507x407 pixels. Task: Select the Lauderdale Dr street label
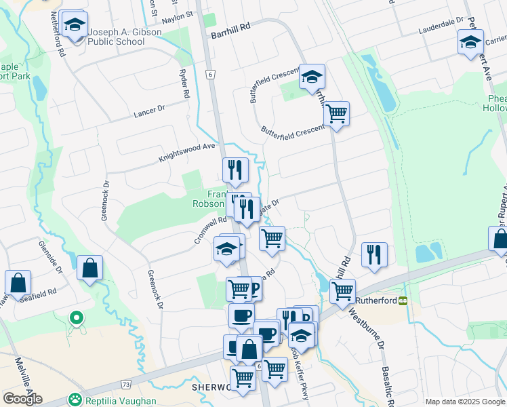[441, 26]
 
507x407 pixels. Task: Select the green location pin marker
[77, 317]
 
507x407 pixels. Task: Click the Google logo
[23, 399]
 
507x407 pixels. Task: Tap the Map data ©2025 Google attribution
[464, 402]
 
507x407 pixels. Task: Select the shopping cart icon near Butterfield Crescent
[336, 113]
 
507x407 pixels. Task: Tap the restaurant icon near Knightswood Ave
[235, 170]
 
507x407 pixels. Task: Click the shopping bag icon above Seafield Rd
[89, 269]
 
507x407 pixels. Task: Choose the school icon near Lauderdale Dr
[470, 43]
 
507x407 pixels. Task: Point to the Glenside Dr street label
[50, 258]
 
